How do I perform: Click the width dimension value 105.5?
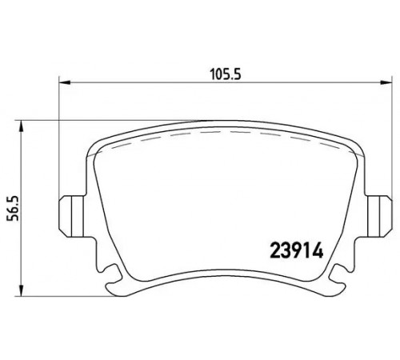point(226,74)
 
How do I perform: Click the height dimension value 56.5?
point(13,208)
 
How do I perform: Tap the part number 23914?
point(297,250)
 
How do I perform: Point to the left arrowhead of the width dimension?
point(64,82)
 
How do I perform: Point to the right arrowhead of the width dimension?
point(386,82)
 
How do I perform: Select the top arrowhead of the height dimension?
point(21,126)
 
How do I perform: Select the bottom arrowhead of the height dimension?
point(21,290)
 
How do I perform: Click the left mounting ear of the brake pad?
point(71,216)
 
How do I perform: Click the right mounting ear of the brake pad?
point(378,216)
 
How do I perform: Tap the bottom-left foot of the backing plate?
point(118,289)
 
